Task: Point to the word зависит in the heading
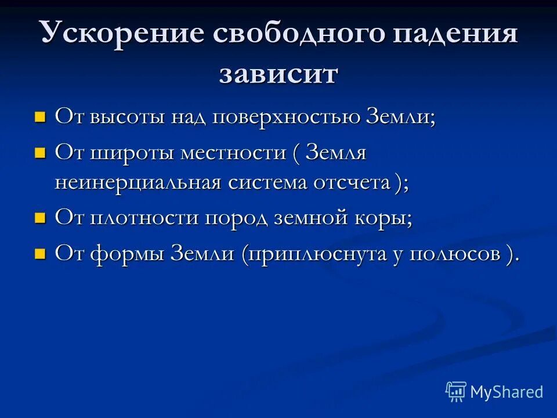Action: point(278,74)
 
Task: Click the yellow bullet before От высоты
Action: point(39,117)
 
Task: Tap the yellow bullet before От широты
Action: point(39,154)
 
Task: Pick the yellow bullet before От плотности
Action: point(39,219)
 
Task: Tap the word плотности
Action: point(139,219)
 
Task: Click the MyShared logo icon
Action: point(456,392)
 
